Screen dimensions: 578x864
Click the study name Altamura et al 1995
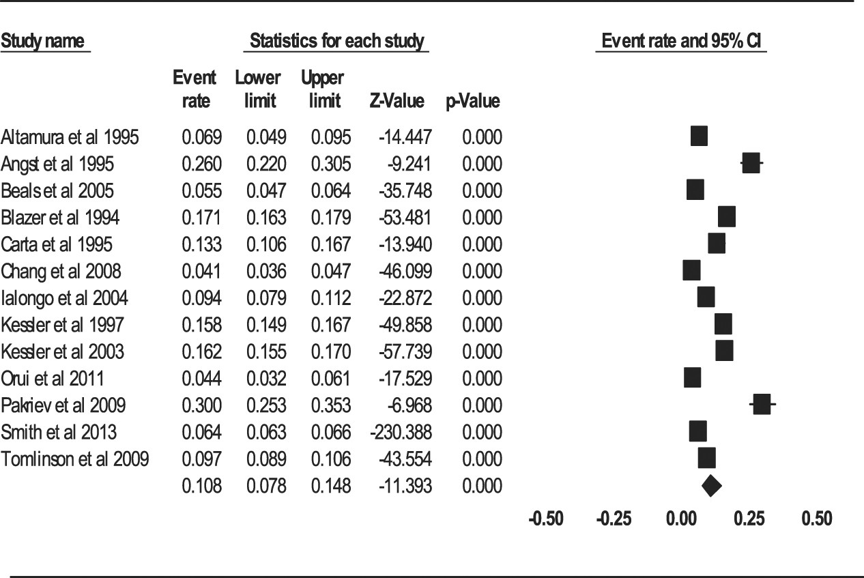[x=70, y=137]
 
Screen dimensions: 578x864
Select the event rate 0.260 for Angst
[x=201, y=164]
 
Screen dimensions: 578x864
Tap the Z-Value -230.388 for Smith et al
[x=402, y=433]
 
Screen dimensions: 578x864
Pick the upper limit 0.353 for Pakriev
[x=331, y=406]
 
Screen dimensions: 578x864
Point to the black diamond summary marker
[x=711, y=486]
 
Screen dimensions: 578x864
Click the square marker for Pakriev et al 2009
[x=761, y=405]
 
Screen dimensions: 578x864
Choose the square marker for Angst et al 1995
[x=750, y=164]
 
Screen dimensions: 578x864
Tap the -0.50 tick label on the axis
[x=546, y=519]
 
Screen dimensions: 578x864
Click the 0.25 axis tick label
[x=749, y=519]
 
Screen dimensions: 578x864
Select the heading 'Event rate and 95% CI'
[x=681, y=42]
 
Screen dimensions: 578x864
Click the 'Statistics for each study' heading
[x=336, y=42]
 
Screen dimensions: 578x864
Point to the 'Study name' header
[x=45, y=42]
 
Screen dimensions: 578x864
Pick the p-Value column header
[x=473, y=102]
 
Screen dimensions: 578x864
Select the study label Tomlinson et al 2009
[x=74, y=459]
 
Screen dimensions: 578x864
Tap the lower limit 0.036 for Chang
[x=266, y=272]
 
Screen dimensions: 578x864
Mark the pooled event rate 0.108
[x=201, y=487]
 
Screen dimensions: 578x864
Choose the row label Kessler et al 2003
[x=63, y=352]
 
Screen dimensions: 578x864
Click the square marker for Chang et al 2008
[x=691, y=271]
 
